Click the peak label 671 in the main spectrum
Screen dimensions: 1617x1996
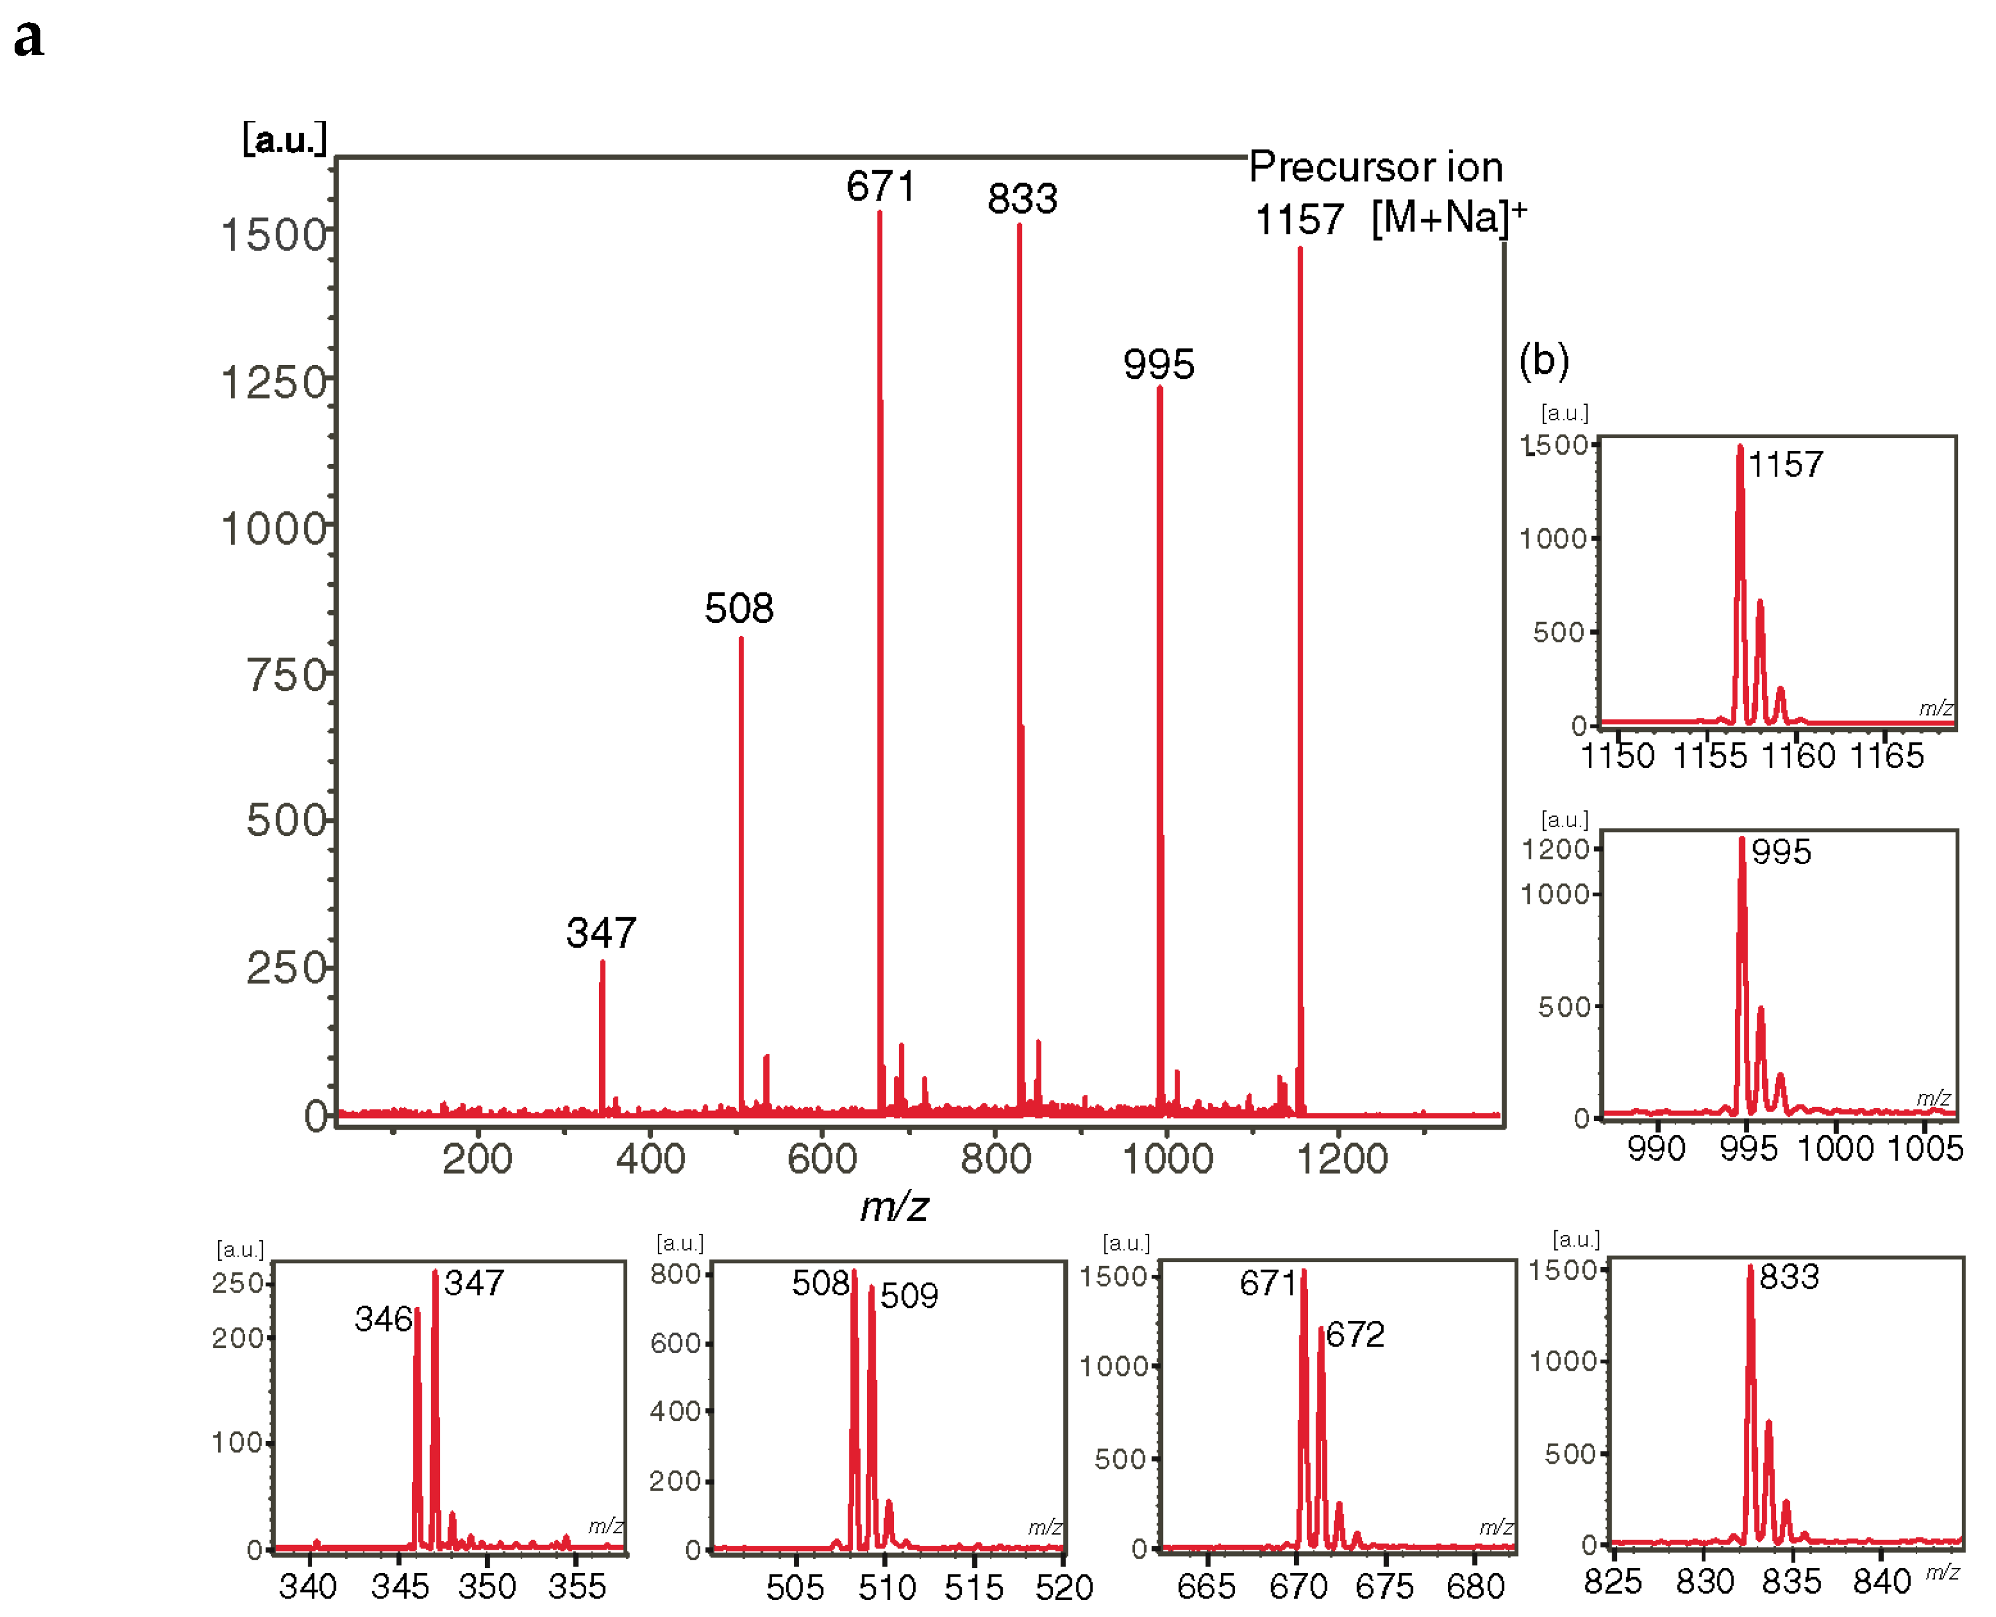click(880, 186)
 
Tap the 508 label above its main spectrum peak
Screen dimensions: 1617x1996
click(739, 609)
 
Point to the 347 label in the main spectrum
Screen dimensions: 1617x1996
click(601, 933)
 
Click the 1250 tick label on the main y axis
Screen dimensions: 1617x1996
click(274, 383)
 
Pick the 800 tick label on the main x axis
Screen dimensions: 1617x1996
click(994, 1160)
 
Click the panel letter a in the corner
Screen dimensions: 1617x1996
click(29, 38)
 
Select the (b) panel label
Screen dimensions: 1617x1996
click(1543, 360)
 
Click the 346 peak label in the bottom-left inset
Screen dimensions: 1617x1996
click(383, 1319)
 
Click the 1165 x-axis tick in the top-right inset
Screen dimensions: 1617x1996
click(1886, 755)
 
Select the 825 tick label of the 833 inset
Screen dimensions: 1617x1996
click(1612, 1581)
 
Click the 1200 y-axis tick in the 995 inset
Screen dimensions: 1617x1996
click(1554, 849)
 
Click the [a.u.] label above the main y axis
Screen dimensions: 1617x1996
click(284, 140)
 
